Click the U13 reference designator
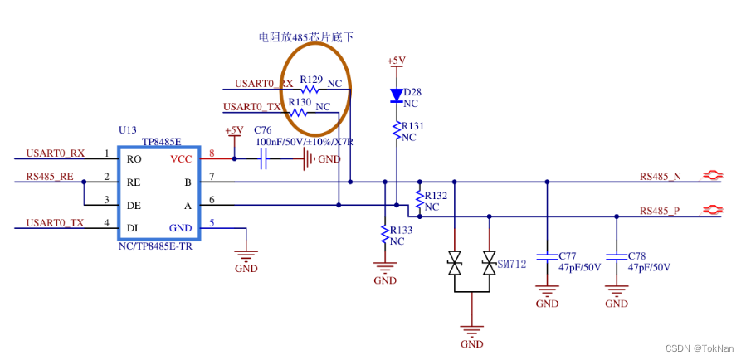[x=127, y=130]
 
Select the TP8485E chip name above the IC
[x=162, y=142]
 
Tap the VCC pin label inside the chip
[x=181, y=158]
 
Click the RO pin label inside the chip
[x=133, y=158]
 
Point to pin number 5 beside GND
[x=212, y=222]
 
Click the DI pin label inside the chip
[x=132, y=228]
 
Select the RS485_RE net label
[x=49, y=176]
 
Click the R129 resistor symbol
[x=311, y=89]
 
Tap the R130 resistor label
[x=300, y=102]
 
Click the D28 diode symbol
[x=397, y=96]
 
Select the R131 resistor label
[x=412, y=125]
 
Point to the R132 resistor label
[x=436, y=196]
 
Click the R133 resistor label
[x=401, y=230]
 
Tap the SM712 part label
[x=512, y=263]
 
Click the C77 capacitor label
[x=568, y=255]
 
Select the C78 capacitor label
[x=637, y=255]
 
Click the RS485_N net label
[x=660, y=176]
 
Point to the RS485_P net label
[x=660, y=211]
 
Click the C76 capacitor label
[x=262, y=130]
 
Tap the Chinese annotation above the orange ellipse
[x=306, y=37]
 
